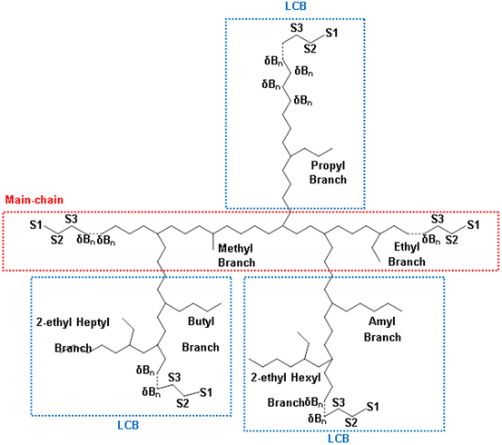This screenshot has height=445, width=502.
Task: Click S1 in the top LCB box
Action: [x=331, y=34]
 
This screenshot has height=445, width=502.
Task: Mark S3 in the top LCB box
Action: [x=297, y=29]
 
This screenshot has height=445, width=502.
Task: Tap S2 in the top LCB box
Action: [x=310, y=48]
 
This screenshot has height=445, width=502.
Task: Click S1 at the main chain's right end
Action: [x=472, y=223]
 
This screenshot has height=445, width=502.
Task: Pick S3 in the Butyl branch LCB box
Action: [x=175, y=377]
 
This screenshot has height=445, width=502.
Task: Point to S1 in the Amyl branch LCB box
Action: [x=372, y=406]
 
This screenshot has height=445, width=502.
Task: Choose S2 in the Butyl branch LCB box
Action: [x=182, y=401]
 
